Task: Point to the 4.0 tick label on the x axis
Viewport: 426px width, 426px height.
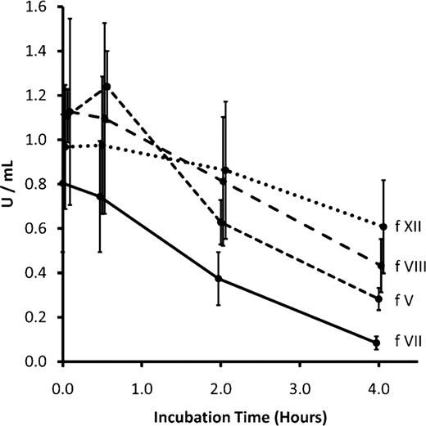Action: click(378, 381)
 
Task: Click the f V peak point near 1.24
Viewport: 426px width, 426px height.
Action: click(107, 87)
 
